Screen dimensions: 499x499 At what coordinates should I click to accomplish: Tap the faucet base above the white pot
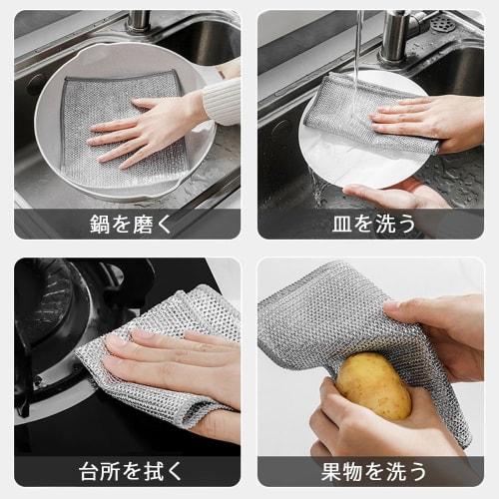point(138,20)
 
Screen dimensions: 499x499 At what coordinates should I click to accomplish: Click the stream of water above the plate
point(358,40)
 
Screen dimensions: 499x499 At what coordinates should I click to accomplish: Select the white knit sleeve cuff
point(222,100)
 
